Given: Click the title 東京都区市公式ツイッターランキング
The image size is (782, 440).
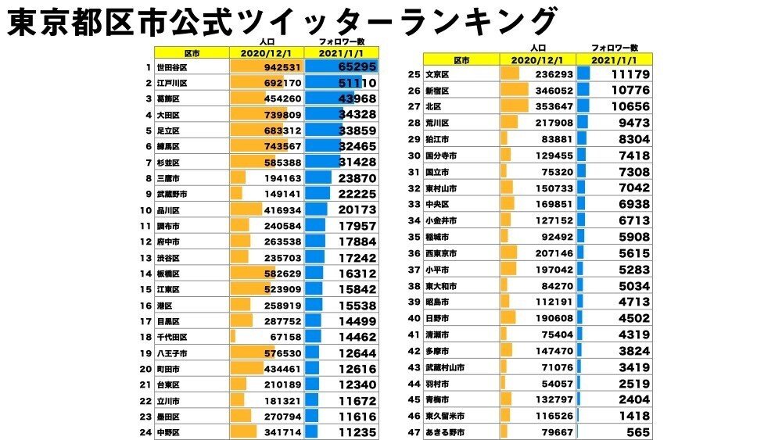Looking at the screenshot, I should tap(282, 21).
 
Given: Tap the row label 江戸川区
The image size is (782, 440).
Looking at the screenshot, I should tap(173, 83).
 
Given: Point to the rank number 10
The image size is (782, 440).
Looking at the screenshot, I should tap(145, 210).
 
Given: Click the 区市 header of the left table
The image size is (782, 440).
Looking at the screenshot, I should tap(192, 53).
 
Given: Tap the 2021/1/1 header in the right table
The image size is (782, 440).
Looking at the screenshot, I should tap(614, 59).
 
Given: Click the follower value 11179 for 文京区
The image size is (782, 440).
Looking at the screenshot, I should tap(626, 75).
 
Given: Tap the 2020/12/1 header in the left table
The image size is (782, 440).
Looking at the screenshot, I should tap(267, 53).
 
